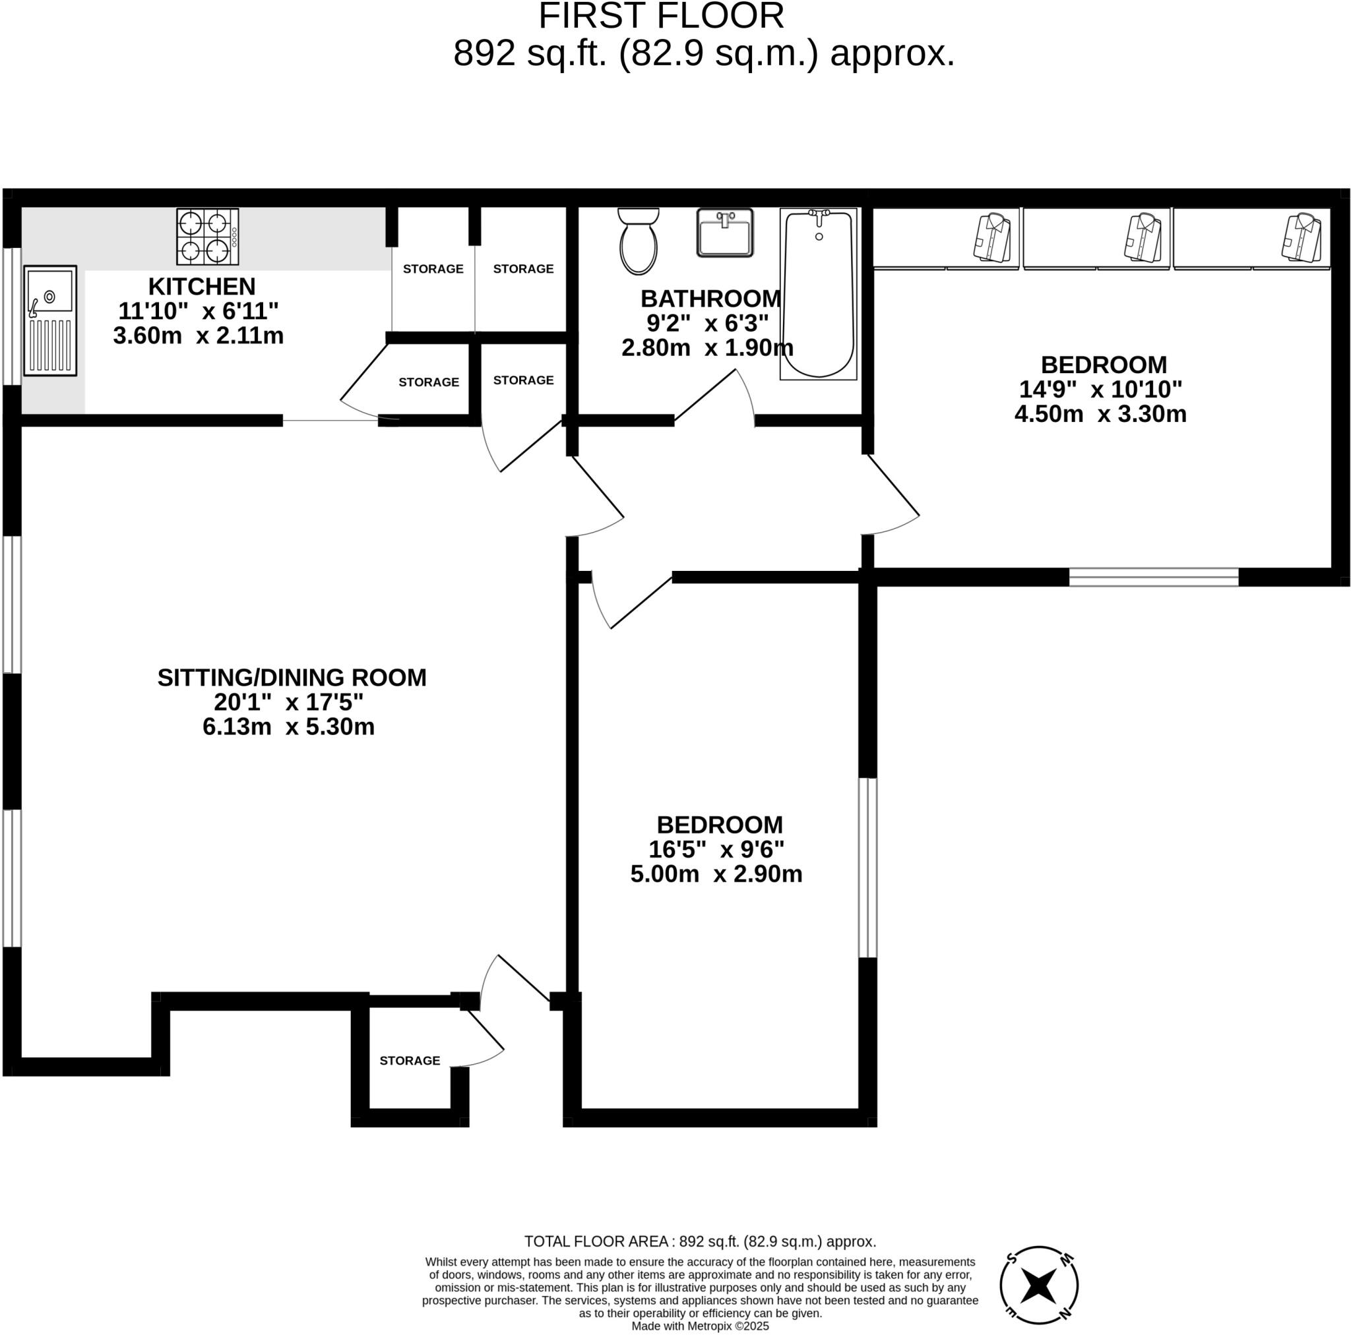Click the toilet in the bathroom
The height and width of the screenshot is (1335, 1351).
pos(638,242)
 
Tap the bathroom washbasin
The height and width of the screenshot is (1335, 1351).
pos(724,233)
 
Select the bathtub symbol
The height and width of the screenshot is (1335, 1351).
pos(818,294)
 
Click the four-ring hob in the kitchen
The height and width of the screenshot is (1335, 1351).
pos(207,237)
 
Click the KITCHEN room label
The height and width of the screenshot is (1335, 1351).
pos(201,287)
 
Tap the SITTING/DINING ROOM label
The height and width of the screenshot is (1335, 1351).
pos(292,677)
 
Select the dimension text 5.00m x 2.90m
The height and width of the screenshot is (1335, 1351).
pos(716,874)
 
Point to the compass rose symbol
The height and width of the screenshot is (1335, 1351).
pos(1038,1285)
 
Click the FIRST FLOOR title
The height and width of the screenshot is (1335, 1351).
pos(661,16)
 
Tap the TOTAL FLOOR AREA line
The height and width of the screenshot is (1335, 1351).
pos(700,1241)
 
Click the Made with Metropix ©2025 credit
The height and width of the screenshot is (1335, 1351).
pos(700,1326)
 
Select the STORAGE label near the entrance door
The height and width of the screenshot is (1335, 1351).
pos(410,1060)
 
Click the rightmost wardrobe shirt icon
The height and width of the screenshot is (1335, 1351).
pos(1302,239)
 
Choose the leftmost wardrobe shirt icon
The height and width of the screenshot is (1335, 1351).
pos(992,239)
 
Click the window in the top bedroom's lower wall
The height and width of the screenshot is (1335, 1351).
pos(1153,577)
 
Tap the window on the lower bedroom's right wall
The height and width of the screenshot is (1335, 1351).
pos(867,868)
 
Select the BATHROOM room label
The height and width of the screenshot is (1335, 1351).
pos(710,299)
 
